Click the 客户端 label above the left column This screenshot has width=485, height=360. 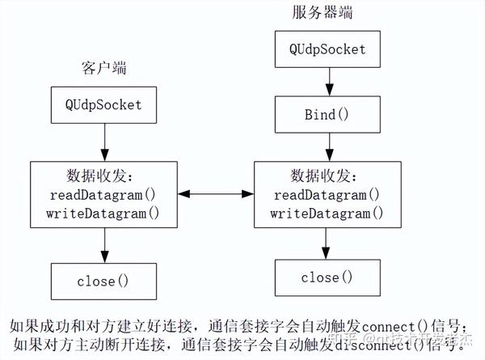104,67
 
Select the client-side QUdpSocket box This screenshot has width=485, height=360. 103,104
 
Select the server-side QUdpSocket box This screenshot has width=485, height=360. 327,49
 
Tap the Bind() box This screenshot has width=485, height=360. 327,114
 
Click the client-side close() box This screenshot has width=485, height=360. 103,281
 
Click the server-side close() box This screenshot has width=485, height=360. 327,277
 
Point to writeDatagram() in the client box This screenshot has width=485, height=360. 103,213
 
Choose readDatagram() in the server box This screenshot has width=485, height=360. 327,195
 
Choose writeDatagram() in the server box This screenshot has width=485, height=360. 327,214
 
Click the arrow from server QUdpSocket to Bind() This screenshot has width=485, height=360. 327,80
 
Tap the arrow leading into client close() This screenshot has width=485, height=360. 103,245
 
